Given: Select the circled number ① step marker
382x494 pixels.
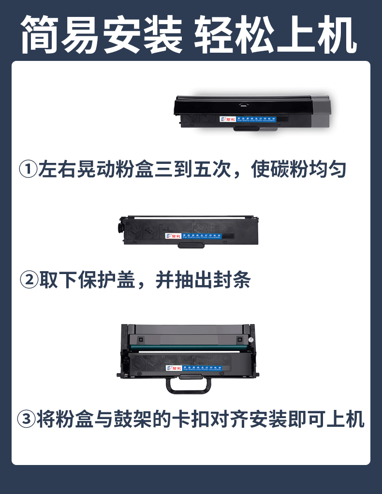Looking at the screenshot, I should click(x=28, y=170).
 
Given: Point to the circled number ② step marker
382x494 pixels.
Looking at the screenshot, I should click(x=29, y=280).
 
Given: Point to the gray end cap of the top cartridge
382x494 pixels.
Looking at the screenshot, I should click(x=322, y=112).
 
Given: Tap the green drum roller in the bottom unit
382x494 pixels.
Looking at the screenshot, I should click(x=189, y=348).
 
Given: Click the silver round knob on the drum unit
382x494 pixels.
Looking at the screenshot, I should click(x=251, y=340).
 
